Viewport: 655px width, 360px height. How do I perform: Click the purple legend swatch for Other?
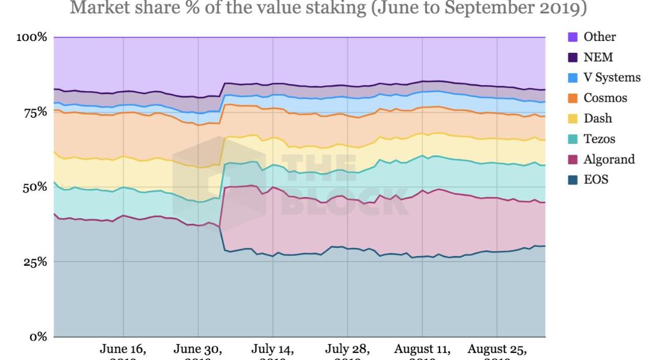point(573,37)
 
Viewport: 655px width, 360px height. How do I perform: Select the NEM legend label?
point(598,57)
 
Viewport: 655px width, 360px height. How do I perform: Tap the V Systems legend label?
point(612,77)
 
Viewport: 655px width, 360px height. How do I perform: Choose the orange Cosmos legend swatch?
point(573,98)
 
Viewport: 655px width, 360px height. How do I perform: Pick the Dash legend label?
point(598,118)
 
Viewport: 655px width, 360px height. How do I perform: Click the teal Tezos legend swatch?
point(573,139)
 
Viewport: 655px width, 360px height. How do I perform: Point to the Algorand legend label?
point(609,159)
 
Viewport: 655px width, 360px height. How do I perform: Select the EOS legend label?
point(596,180)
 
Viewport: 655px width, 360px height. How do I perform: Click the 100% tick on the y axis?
point(32,37)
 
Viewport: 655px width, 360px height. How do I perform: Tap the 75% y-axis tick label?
point(35,113)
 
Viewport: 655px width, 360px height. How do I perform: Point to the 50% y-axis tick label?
point(35,187)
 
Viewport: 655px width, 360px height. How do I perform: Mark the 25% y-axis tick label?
point(35,262)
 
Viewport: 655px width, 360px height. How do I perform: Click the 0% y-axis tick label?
point(38,337)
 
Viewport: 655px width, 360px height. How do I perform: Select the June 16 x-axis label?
point(123,350)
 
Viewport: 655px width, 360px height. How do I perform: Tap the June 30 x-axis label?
point(198,350)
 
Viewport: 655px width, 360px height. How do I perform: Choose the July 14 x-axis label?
point(273,350)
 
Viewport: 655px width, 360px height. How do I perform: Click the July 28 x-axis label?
point(347,350)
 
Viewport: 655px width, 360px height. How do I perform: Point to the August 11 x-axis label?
point(422,350)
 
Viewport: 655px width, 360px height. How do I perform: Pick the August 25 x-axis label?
point(497,350)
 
